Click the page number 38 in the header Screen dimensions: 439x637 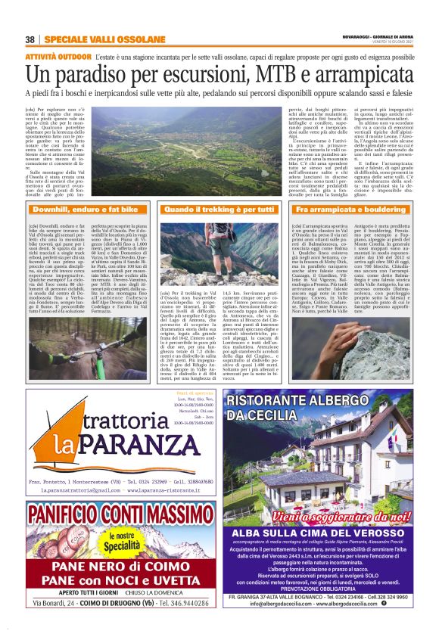pos(30,39)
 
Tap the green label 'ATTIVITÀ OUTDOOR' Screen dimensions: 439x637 pos(58,57)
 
